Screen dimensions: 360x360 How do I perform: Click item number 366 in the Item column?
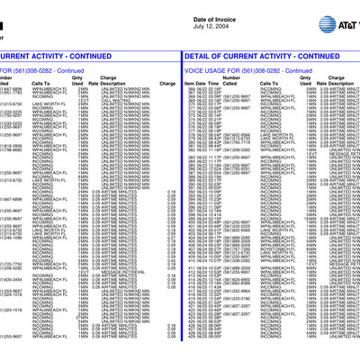click(x=192, y=90)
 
